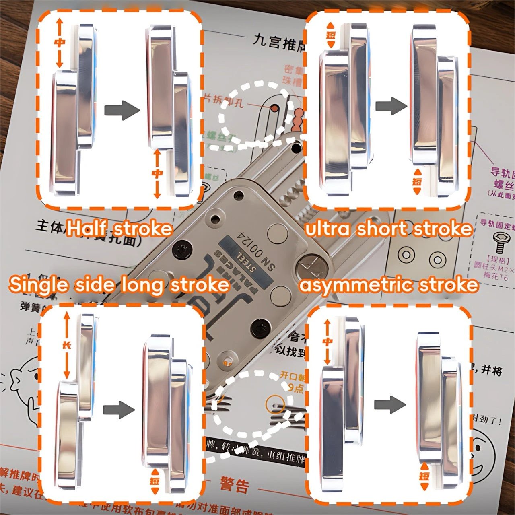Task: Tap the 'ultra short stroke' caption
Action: pos(388,229)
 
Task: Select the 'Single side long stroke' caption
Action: pos(119,284)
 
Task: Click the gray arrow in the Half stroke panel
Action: pos(122,110)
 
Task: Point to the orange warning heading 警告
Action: pos(235,486)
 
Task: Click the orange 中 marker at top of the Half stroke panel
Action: pos(60,43)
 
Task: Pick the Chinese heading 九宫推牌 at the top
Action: pos(278,43)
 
